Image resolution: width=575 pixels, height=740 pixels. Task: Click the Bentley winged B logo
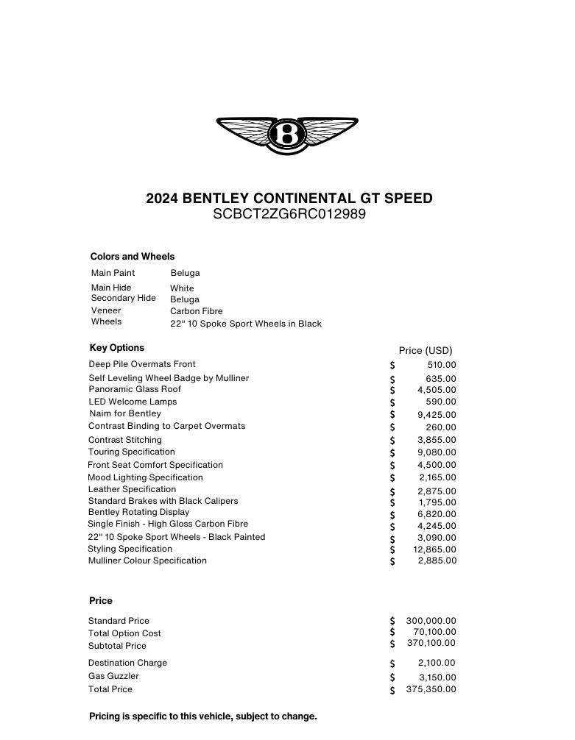(287, 135)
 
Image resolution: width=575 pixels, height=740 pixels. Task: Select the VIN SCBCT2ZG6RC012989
(289, 215)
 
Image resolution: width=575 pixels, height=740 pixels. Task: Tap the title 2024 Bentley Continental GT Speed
(289, 199)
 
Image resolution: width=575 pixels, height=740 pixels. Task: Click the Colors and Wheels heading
(133, 257)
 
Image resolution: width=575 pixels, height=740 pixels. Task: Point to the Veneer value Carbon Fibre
(197, 311)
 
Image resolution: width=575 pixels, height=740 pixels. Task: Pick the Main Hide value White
(182, 288)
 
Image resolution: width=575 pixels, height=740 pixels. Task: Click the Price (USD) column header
(426, 351)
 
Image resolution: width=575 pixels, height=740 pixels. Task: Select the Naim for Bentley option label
(125, 413)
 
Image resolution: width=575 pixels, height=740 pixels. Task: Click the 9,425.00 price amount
(437, 415)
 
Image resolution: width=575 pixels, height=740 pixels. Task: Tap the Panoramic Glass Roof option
(135, 389)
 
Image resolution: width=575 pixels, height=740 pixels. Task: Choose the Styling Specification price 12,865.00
(434, 549)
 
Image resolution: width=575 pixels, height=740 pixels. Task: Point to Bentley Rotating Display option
(138, 512)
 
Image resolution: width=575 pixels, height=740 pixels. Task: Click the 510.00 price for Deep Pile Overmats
(442, 365)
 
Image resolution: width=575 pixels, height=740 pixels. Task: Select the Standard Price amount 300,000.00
(431, 621)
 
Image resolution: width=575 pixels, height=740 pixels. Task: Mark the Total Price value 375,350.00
(431, 689)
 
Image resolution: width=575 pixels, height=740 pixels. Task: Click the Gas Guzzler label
(113, 676)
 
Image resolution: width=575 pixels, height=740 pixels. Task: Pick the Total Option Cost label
(124, 633)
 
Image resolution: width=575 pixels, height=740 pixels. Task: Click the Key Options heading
(117, 348)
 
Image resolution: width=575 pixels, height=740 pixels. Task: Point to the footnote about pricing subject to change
(203, 716)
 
